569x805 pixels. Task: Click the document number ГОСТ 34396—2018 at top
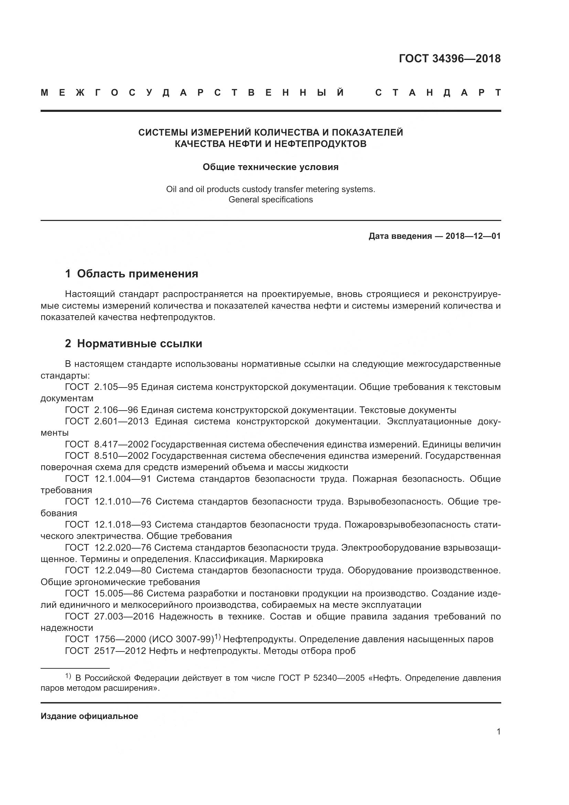point(450,59)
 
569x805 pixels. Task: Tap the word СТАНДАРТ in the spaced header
point(438,93)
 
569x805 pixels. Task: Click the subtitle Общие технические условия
point(270,167)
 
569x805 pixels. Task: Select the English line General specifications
point(270,200)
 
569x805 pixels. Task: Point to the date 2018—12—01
point(473,236)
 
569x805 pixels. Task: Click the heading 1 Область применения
point(131,274)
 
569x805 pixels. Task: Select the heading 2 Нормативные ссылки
point(133,343)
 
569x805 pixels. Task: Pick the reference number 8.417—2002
point(121,444)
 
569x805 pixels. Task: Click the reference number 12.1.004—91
point(122,479)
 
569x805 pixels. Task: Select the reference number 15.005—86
point(119,593)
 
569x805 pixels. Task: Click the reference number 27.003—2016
point(124,616)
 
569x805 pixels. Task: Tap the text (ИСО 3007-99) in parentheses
point(181,639)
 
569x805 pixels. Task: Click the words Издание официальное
point(89,716)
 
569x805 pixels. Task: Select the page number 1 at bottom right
point(498,732)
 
